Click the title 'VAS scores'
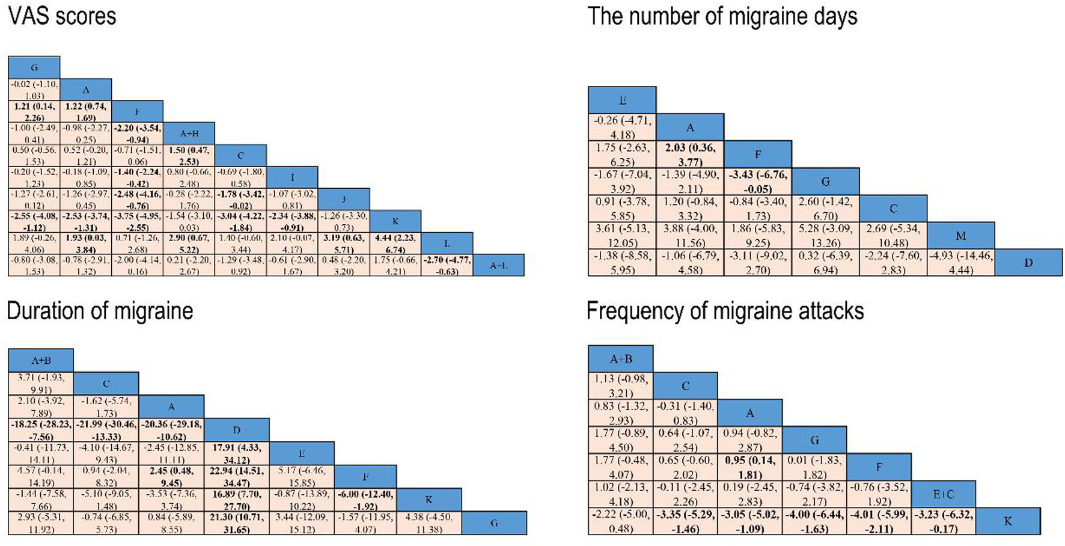(62, 16)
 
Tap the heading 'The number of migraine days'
(722, 16)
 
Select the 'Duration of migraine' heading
(100, 311)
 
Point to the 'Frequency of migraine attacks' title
(725, 311)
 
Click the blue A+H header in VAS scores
(189, 133)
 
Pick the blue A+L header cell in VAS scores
(498, 265)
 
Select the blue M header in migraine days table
(960, 236)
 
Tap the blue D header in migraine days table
(1028, 263)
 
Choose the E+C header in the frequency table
(943, 494)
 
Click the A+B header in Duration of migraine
(41, 360)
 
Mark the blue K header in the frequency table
(1008, 521)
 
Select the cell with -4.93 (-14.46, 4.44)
(960, 263)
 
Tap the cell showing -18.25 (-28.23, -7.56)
(41, 430)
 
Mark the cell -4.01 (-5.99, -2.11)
(879, 521)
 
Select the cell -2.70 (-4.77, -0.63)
(447, 265)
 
